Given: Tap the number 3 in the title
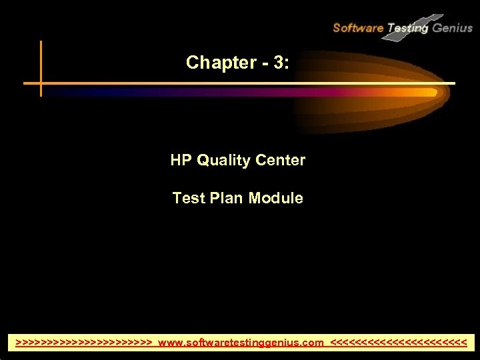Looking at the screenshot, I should click(x=277, y=63).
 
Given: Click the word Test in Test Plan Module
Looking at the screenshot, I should click(x=186, y=198).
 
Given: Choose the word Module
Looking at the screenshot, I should click(x=276, y=198).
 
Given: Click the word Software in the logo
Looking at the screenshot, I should click(x=357, y=28).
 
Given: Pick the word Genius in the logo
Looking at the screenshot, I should click(x=453, y=28).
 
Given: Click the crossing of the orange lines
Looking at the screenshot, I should click(x=41, y=83).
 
